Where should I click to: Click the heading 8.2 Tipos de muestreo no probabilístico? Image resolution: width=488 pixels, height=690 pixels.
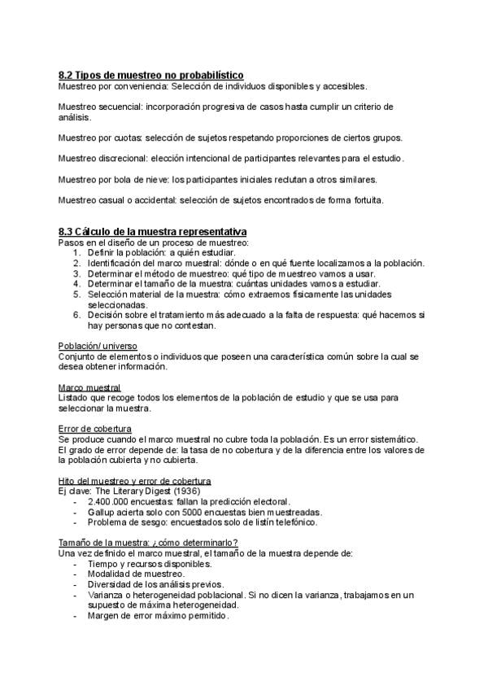click(x=151, y=75)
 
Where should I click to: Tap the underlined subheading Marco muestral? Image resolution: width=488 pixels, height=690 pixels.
click(x=89, y=387)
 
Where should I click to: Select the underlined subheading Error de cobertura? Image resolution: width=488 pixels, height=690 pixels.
click(x=96, y=429)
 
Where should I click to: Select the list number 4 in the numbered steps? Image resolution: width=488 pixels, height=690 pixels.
click(x=76, y=284)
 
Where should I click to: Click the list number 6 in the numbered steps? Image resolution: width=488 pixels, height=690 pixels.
click(x=76, y=315)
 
